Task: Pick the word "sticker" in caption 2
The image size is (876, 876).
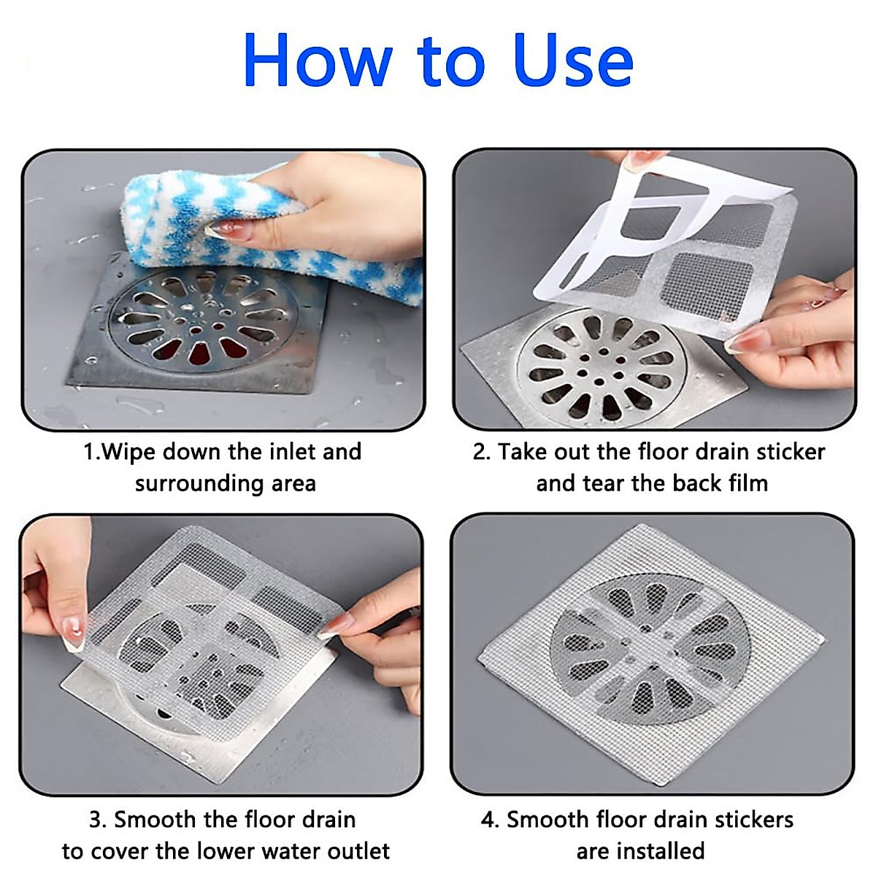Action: [791, 452]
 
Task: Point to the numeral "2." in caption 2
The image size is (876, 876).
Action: [482, 452]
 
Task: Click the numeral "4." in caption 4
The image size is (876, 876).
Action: [490, 820]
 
